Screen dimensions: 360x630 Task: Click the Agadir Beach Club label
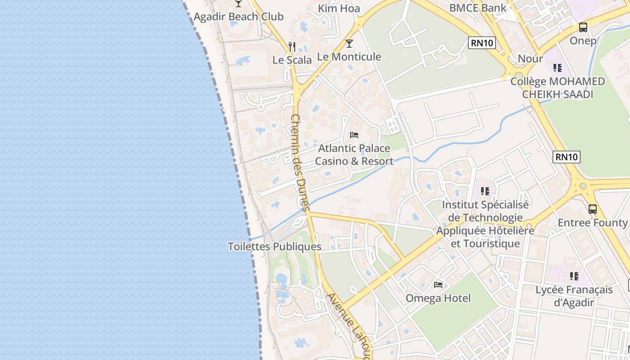(x=238, y=17)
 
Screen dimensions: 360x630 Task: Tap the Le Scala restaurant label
(x=292, y=60)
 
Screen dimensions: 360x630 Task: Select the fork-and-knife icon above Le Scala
(x=292, y=46)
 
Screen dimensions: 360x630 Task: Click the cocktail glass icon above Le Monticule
(x=349, y=44)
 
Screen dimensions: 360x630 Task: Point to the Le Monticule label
(x=349, y=57)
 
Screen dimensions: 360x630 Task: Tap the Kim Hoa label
(x=339, y=8)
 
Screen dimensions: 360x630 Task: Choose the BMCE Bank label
(x=477, y=8)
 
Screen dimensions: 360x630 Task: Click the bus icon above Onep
(x=583, y=27)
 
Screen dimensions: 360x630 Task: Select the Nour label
(x=530, y=58)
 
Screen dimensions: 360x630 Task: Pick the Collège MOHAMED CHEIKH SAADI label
(x=558, y=88)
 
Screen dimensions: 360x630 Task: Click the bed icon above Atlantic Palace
(x=354, y=135)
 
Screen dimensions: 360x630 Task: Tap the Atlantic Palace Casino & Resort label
(x=354, y=154)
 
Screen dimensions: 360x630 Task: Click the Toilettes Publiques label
(x=274, y=247)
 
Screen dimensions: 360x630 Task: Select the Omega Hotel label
(x=438, y=298)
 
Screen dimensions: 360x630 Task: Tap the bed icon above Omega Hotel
(x=438, y=285)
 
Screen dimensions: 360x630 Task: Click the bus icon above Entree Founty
(x=593, y=209)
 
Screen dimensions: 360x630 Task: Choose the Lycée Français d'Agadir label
(x=574, y=296)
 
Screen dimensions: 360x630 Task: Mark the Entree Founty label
(x=592, y=223)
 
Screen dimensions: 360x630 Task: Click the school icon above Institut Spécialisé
(x=485, y=191)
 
